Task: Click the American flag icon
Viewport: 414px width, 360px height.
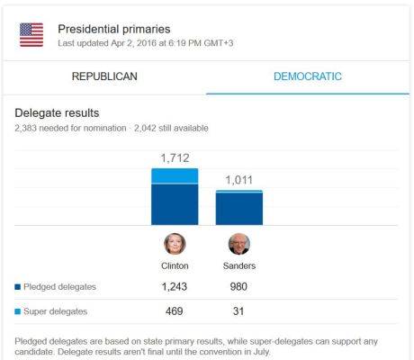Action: click(x=31, y=35)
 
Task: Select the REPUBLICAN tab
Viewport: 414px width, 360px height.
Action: click(x=104, y=76)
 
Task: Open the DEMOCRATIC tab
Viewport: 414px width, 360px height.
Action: click(x=307, y=76)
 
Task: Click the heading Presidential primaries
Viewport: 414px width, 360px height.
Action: click(x=113, y=30)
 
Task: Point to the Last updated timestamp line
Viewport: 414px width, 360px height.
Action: click(x=145, y=43)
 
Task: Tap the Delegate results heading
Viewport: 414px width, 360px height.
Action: click(x=57, y=113)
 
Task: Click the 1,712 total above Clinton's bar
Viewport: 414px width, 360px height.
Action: click(x=175, y=158)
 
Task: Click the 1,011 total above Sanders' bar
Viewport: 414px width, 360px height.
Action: click(x=238, y=180)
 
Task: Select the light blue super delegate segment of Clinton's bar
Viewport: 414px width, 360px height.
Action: click(x=175, y=175)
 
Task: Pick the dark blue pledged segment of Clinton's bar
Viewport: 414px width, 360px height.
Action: click(x=175, y=204)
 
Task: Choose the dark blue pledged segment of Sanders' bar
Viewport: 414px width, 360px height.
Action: click(x=239, y=209)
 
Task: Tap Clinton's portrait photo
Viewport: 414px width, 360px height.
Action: click(x=175, y=244)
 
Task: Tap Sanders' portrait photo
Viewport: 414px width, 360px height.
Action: click(x=239, y=244)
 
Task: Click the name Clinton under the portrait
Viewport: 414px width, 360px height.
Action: click(x=175, y=266)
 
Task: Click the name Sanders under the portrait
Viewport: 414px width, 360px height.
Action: click(x=239, y=266)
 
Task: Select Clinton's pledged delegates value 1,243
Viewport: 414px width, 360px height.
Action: click(x=175, y=287)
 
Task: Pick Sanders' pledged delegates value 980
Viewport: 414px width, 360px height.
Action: click(x=239, y=287)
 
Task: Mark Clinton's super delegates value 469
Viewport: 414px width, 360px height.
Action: click(x=175, y=311)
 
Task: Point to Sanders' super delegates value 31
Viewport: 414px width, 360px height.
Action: click(x=239, y=311)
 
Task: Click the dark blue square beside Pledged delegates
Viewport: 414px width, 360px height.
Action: click(x=18, y=288)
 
